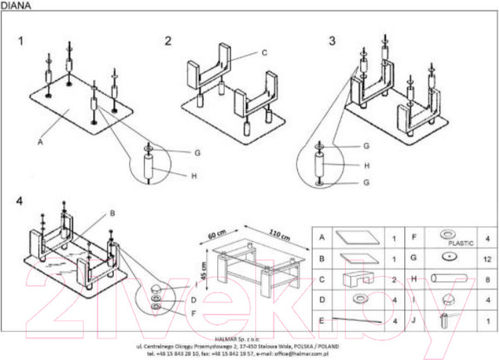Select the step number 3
tap(332, 40)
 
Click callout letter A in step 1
tap(39, 142)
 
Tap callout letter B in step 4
tap(111, 213)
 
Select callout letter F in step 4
tap(193, 313)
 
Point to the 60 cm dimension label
tap(217, 234)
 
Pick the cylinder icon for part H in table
tap(450, 280)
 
